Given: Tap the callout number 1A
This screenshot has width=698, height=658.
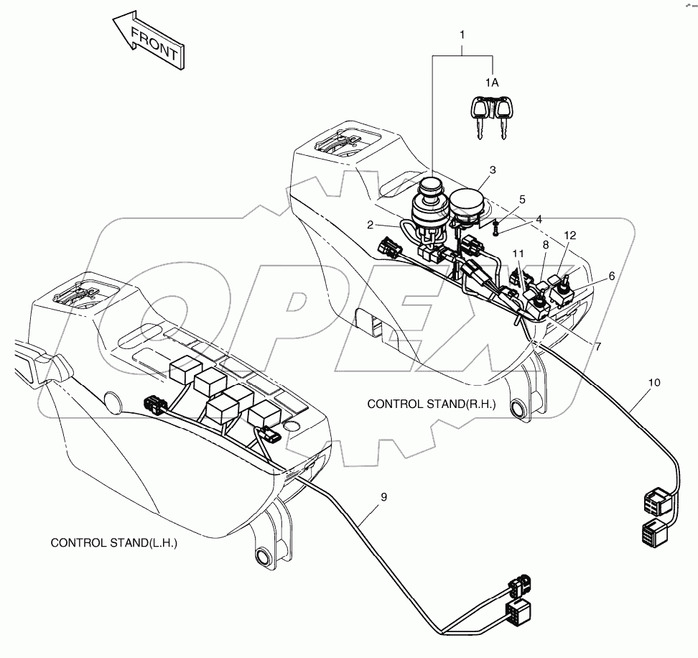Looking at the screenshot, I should tap(491, 83).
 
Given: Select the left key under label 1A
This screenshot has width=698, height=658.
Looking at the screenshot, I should tap(478, 116).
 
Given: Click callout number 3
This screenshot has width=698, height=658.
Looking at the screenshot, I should tap(492, 170).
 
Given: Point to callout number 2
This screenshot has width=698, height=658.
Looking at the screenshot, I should tap(371, 225).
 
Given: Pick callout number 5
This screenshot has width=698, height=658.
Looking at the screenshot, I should tap(522, 199).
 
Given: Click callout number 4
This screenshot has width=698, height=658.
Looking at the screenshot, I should tap(537, 219).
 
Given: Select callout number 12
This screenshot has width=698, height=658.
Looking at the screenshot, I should tap(569, 236).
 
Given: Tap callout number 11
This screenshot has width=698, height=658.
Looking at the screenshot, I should tap(518, 254).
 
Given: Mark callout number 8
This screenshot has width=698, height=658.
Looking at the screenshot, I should tap(546, 245).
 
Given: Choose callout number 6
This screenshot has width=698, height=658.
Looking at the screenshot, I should tap(611, 275).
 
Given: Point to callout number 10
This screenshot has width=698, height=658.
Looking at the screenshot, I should tap(653, 383).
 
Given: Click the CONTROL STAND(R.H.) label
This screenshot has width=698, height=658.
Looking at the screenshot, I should tap(431, 404).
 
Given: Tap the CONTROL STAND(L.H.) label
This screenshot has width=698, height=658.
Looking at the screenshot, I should tap(113, 543).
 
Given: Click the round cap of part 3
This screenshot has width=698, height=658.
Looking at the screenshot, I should tap(467, 200).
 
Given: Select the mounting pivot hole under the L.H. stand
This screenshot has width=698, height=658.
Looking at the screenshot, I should tap(263, 557).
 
